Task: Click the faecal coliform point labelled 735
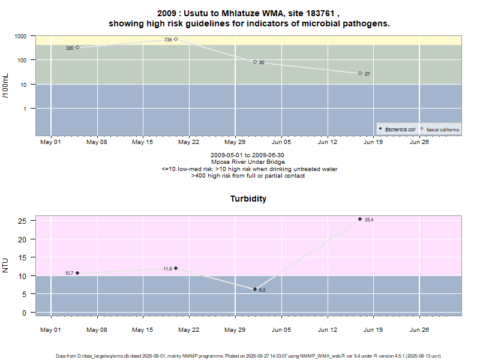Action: point(176,40)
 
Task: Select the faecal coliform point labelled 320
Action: point(77,47)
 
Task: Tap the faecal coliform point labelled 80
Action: point(255,62)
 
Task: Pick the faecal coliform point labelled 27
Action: point(360,73)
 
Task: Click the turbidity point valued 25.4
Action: point(360,219)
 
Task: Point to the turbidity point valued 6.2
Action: point(255,289)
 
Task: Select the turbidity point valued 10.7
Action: point(77,273)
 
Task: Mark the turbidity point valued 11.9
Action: point(176,268)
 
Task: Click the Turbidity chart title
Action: point(248,199)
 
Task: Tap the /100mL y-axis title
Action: point(5,86)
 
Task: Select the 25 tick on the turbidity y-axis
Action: point(23,221)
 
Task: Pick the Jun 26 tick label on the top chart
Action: point(419,143)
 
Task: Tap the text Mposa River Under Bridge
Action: point(248,162)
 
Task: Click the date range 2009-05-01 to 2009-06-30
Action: point(248,155)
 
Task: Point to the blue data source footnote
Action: point(248,356)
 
